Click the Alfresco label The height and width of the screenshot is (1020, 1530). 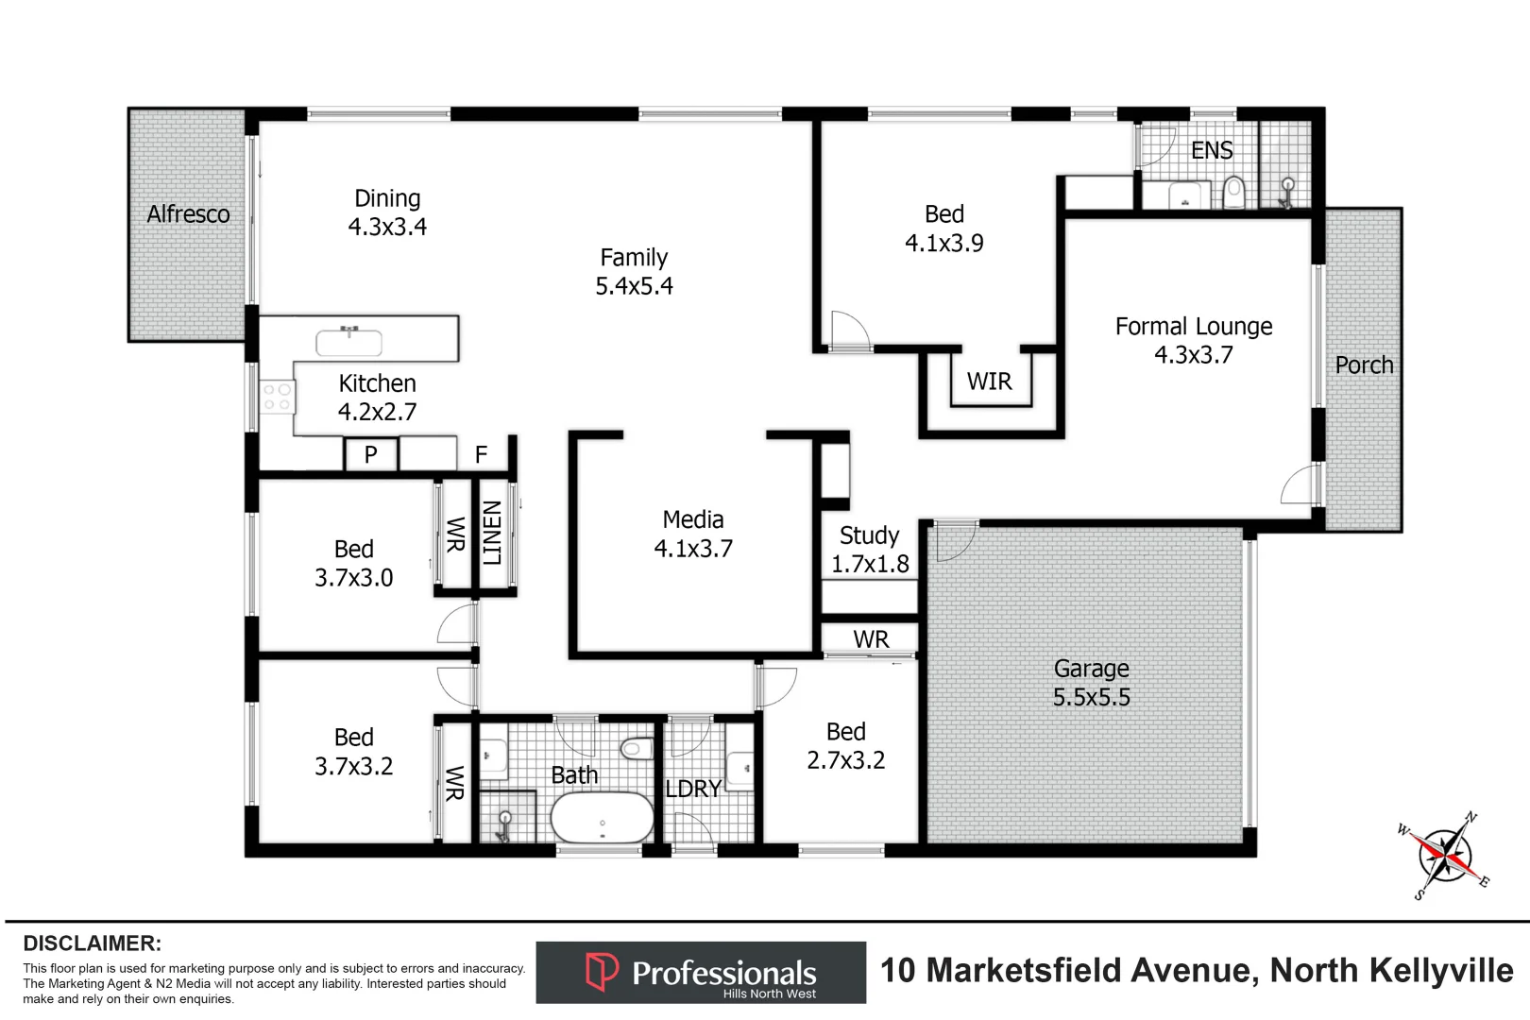[x=188, y=214]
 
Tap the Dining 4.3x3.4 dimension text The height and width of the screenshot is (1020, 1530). [x=387, y=227]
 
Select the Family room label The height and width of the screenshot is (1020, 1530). [x=634, y=258]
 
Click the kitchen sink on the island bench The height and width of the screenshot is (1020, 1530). [x=349, y=342]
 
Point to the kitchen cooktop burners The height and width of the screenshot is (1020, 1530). [x=277, y=397]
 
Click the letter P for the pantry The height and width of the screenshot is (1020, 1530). [x=371, y=455]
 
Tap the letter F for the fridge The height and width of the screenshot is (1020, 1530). [x=481, y=455]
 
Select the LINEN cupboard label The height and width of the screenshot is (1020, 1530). [x=492, y=534]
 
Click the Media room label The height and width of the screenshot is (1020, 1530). [x=693, y=519]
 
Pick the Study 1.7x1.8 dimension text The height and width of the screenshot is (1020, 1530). [x=870, y=564]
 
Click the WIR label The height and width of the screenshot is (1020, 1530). [x=989, y=382]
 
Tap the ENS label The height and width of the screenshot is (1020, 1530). [x=1212, y=150]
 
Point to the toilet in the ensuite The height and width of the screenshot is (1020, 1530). [x=1233, y=194]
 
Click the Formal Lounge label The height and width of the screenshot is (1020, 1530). [x=1194, y=327]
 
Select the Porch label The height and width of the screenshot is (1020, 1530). [x=1364, y=365]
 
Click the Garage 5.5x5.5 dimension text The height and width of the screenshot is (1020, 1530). [x=1092, y=697]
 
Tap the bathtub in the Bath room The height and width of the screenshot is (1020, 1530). [x=602, y=817]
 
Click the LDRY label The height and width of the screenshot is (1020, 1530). [x=693, y=789]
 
